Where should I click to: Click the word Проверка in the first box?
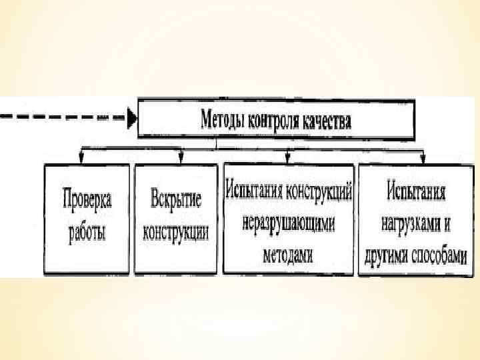(x=87, y=198)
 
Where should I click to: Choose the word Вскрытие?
(x=175, y=198)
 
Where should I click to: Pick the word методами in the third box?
(x=288, y=256)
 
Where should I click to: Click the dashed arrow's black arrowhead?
(x=132, y=119)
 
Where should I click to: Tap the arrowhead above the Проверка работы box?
(x=81, y=160)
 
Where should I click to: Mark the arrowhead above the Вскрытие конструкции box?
(x=181, y=160)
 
